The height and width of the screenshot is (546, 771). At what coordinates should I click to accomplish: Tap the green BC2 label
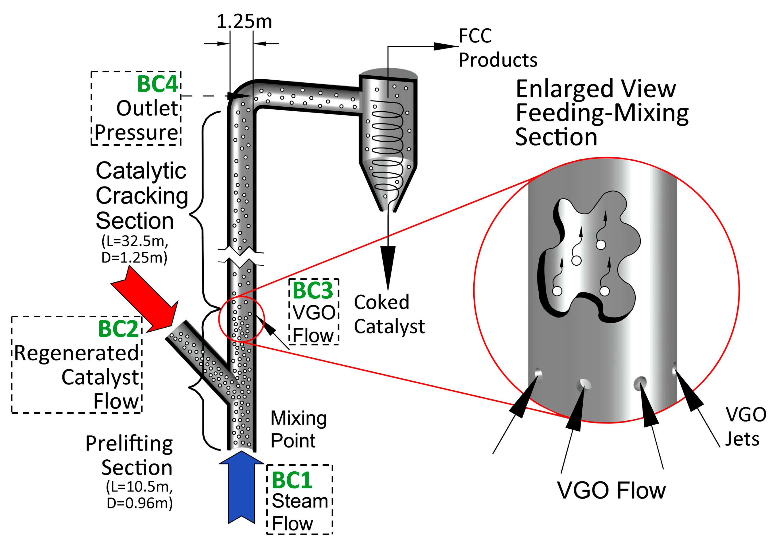pos(118,329)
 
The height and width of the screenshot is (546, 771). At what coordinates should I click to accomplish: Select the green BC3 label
pos(313,290)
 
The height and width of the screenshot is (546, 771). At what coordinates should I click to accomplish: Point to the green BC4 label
pos(157,84)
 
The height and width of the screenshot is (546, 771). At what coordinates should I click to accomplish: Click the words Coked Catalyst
pos(389,314)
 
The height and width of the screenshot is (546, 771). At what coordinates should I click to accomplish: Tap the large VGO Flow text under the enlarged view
pos(611,491)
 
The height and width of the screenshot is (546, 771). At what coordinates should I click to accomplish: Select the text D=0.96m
pos(140,503)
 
